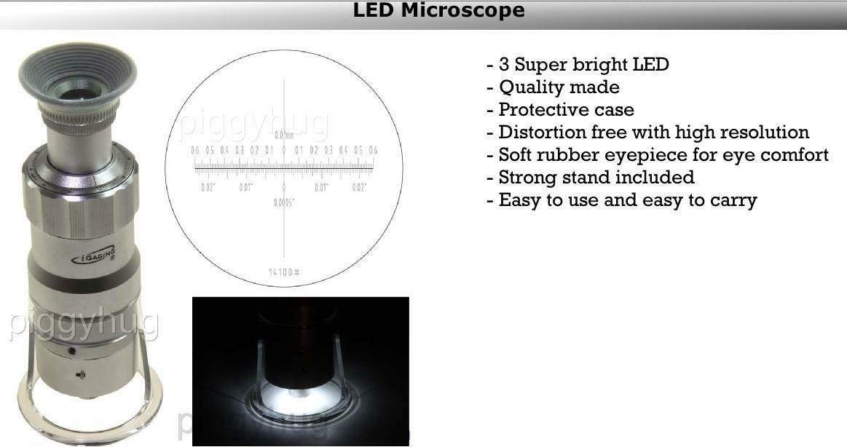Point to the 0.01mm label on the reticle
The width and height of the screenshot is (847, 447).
284,135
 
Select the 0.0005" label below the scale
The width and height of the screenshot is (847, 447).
284,202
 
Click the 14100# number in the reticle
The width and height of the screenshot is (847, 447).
284,272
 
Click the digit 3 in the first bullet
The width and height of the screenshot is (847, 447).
504,64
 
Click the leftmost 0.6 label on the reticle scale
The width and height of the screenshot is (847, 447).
195,151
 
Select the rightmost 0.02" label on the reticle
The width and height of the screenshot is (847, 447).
359,188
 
